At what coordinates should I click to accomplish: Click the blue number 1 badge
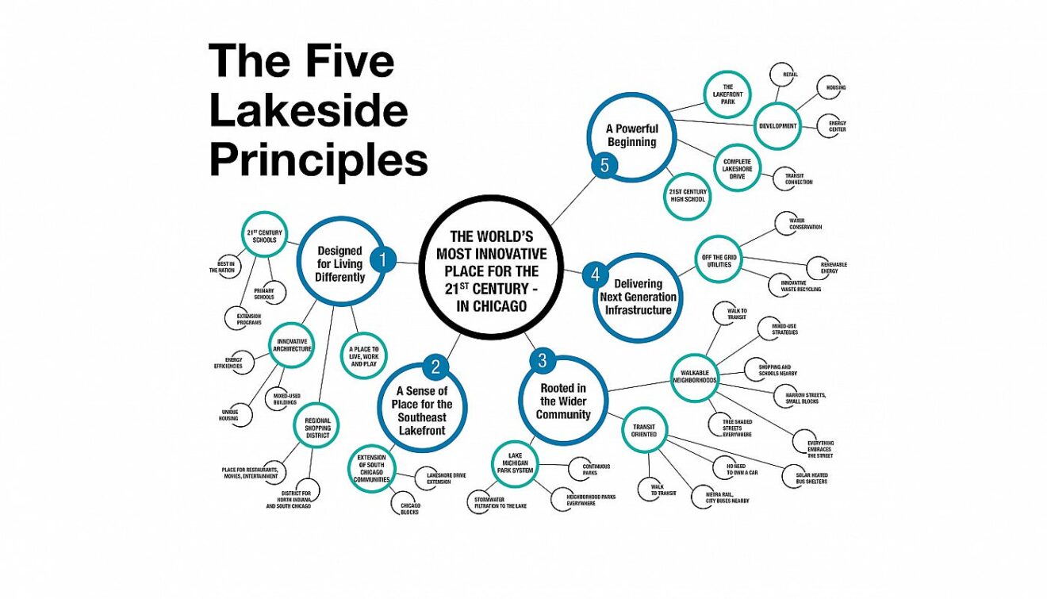coord(383,259)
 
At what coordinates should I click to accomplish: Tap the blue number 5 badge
coord(604,167)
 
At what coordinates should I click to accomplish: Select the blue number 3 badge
coord(542,361)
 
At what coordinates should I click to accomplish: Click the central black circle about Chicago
coord(491,271)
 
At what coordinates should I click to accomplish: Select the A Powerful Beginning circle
coord(631,135)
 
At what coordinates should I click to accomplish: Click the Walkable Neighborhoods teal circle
coord(694,374)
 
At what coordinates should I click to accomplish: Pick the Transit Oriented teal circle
coord(644,429)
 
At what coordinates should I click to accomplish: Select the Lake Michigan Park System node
coord(517,465)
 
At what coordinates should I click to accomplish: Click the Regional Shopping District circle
coord(317,428)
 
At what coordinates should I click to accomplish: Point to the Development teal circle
coord(777,125)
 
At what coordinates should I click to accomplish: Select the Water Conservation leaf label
coord(804,224)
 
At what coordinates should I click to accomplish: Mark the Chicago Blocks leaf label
coord(410,509)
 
